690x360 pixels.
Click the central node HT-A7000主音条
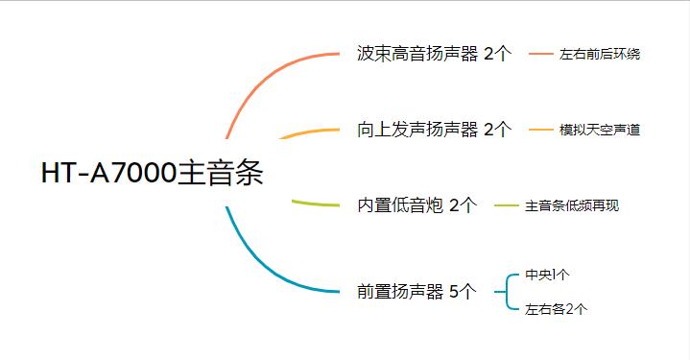pyautogui.click(x=152, y=174)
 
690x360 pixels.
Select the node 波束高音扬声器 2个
pyautogui.click(x=433, y=54)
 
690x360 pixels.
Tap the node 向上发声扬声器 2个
pyautogui.click(x=433, y=129)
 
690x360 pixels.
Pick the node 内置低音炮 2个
pyautogui.click(x=416, y=204)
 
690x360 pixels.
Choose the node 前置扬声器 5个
pyautogui.click(x=416, y=291)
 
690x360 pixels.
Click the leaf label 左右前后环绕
pyautogui.click(x=600, y=55)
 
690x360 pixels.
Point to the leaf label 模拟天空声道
pyautogui.click(x=600, y=130)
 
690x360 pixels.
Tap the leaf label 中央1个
pyautogui.click(x=547, y=275)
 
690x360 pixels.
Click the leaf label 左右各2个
pyautogui.click(x=556, y=309)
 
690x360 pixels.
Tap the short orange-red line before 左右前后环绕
pyautogui.click(x=541, y=55)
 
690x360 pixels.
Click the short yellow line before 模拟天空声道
pyautogui.click(x=541, y=130)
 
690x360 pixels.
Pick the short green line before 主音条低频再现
pyautogui.click(x=506, y=205)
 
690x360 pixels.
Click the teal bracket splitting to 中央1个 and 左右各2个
pyautogui.click(x=506, y=291)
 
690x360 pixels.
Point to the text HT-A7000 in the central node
pyautogui.click(x=108, y=174)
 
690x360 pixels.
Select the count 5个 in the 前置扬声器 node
pyautogui.click(x=462, y=291)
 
